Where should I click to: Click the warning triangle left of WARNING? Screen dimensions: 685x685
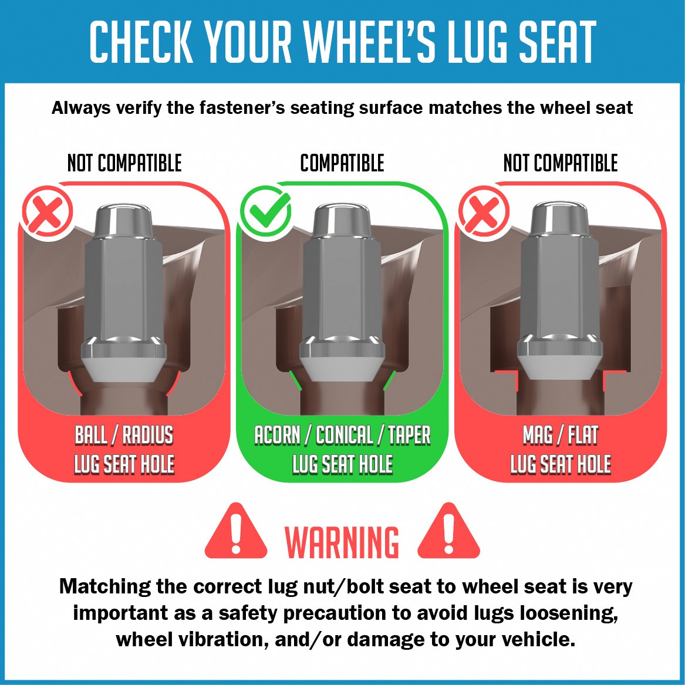(x=236, y=532)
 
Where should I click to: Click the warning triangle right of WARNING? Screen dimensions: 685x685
(x=448, y=532)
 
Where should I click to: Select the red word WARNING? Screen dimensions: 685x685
(x=342, y=542)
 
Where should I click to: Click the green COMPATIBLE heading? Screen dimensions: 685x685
(x=342, y=163)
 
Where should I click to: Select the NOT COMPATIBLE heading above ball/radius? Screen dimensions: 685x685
(x=124, y=163)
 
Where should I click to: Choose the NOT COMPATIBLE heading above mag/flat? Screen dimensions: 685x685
(x=561, y=163)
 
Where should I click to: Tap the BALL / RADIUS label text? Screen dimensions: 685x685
(x=124, y=435)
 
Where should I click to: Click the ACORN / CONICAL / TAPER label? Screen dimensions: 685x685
(x=343, y=435)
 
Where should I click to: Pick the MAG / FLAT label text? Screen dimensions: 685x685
(x=561, y=435)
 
